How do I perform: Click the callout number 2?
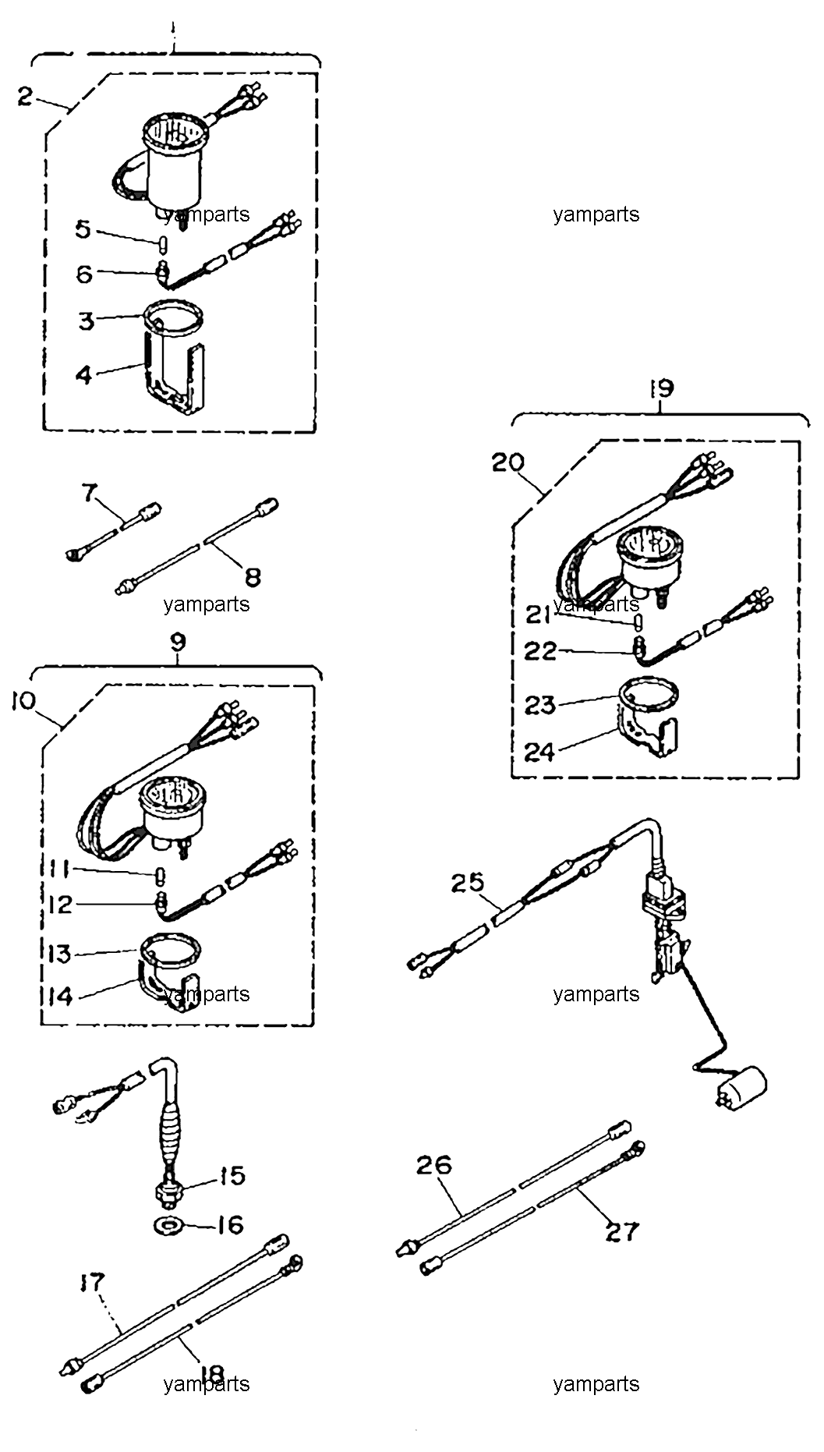click(x=26, y=98)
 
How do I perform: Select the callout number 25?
click(x=468, y=883)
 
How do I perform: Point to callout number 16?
click(x=229, y=1224)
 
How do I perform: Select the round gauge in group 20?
click(x=645, y=558)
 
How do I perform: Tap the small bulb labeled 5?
click(x=163, y=243)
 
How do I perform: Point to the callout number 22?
click(x=540, y=651)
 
